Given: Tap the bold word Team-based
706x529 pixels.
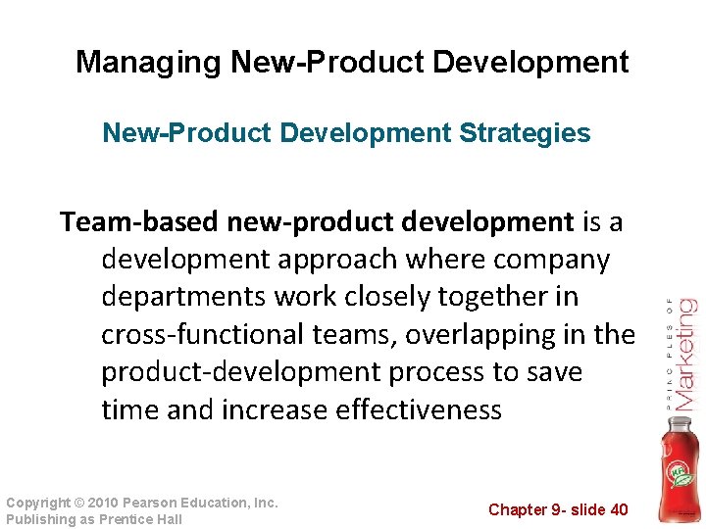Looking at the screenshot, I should coord(138,222).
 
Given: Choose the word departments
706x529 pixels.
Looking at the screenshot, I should coord(185,297).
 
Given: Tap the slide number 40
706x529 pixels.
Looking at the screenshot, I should coord(618,509).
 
